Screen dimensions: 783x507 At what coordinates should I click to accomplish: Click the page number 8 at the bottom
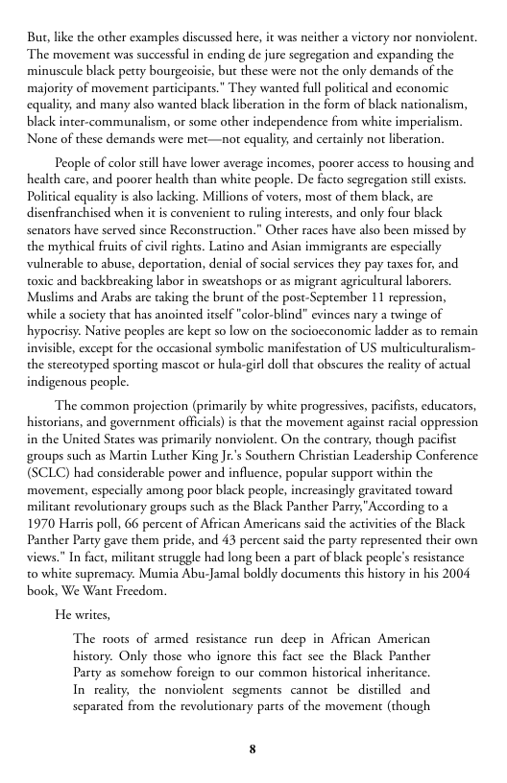pos(253,749)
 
